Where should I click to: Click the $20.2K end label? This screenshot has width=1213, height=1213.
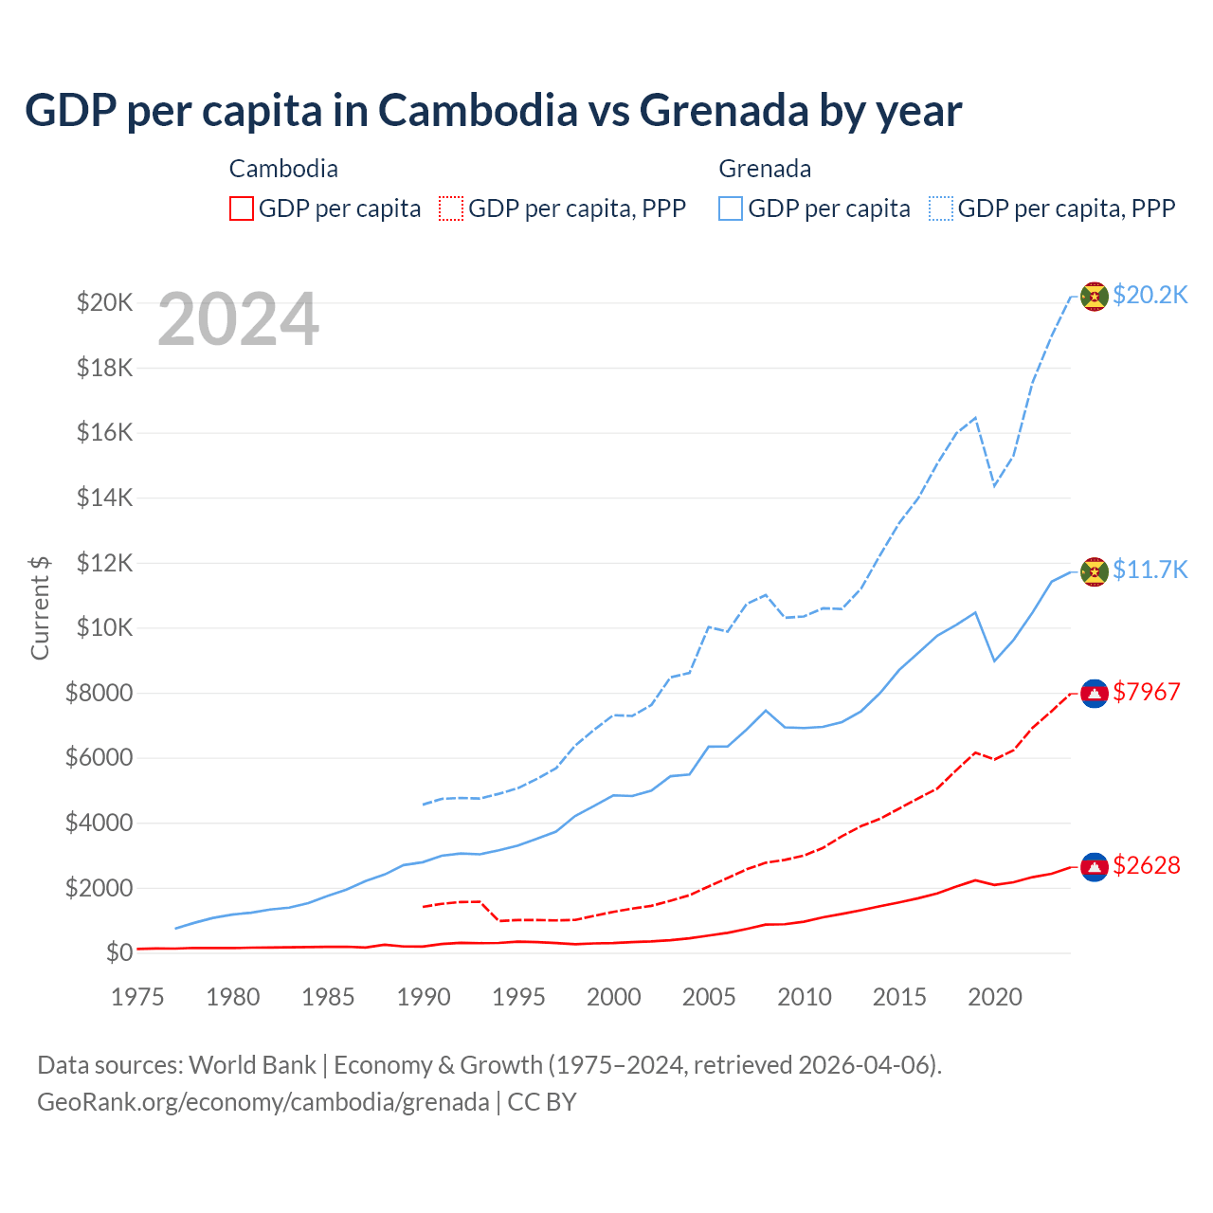(x=1150, y=295)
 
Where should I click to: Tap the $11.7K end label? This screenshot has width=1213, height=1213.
(x=1150, y=570)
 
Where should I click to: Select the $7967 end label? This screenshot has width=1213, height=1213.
(x=1146, y=692)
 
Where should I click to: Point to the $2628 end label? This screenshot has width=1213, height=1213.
(x=1146, y=865)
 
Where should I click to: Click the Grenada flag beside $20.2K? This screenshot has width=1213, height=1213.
(x=1095, y=297)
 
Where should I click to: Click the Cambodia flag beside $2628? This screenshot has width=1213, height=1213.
(x=1095, y=866)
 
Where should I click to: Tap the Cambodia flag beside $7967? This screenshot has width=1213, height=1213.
(x=1095, y=694)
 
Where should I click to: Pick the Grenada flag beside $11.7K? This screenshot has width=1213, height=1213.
(x=1095, y=571)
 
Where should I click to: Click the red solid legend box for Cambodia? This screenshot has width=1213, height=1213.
(x=242, y=208)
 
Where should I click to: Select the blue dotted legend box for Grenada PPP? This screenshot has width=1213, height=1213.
(x=941, y=208)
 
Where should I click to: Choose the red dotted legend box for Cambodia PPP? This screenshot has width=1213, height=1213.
(x=452, y=208)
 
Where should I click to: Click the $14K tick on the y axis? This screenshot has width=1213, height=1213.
(x=104, y=498)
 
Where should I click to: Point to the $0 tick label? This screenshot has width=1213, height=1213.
(x=118, y=952)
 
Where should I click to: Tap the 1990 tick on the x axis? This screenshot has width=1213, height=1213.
(x=424, y=997)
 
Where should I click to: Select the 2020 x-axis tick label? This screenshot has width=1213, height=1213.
(x=994, y=997)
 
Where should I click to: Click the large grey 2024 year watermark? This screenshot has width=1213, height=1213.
(x=238, y=320)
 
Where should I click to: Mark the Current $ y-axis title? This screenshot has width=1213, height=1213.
(x=40, y=607)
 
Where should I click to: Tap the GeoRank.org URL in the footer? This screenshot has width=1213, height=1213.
(x=263, y=1102)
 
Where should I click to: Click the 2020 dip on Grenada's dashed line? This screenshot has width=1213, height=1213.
(x=994, y=485)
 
